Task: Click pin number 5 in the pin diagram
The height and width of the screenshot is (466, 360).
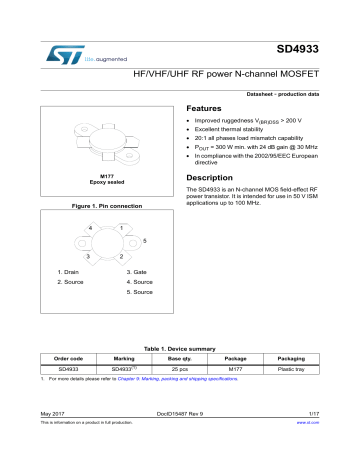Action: click(145, 242)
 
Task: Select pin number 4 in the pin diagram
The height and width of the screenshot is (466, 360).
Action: click(90, 229)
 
